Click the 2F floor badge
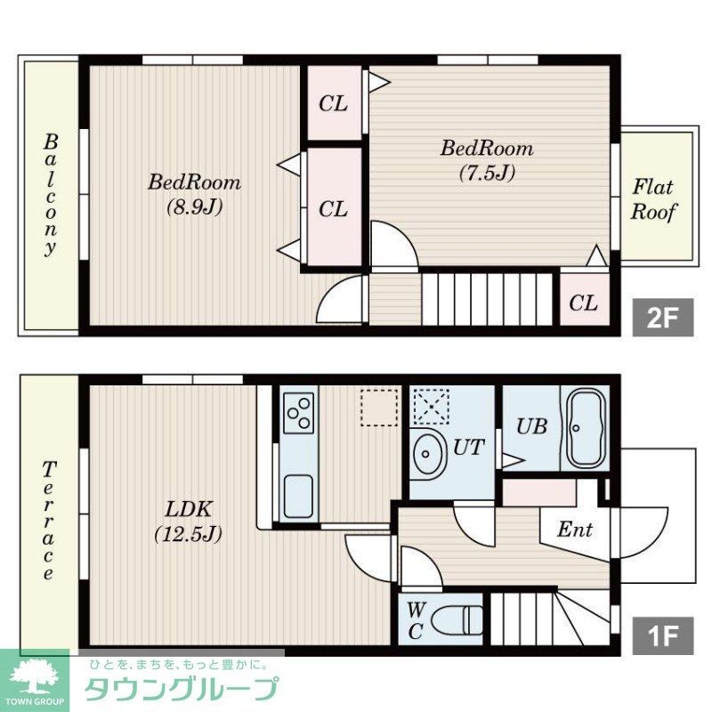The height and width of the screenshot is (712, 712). [x=662, y=318]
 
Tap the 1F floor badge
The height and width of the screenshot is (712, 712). [x=662, y=635]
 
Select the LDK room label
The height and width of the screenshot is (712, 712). [x=188, y=510]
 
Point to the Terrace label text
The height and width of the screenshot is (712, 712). [x=49, y=521]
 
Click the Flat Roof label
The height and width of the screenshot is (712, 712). [x=654, y=200]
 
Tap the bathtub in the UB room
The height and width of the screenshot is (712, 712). [x=585, y=427]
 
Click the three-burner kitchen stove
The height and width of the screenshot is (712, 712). [x=299, y=412]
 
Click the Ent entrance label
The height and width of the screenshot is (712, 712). [x=575, y=530]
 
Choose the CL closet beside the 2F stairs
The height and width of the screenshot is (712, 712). [x=584, y=303]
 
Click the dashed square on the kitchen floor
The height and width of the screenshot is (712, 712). [x=379, y=408]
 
